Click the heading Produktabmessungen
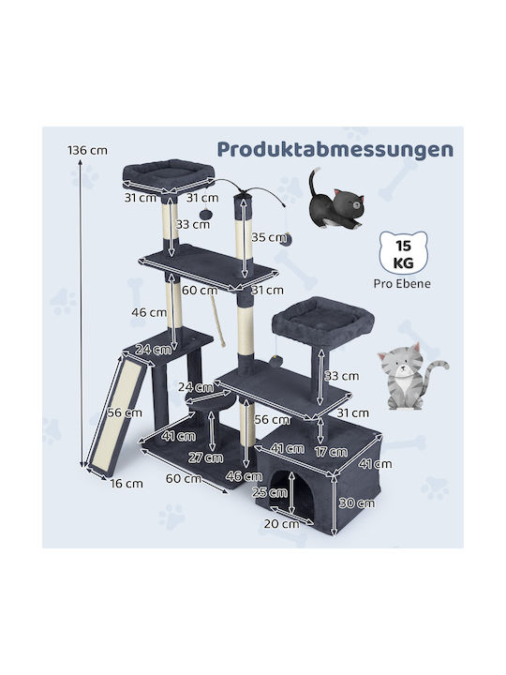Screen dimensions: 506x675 [335, 149]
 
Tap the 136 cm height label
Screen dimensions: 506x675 [87, 150]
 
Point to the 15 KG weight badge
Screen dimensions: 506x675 [403, 253]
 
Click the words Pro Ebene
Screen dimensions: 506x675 [402, 284]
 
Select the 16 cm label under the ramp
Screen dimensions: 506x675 [126, 484]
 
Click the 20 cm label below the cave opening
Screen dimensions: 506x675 [282, 523]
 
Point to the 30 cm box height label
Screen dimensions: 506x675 [357, 502]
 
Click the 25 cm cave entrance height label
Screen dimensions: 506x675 [270, 492]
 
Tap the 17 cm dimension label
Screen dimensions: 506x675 [331, 452]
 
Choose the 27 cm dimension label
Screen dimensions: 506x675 [205, 457]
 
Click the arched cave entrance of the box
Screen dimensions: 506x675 [293, 490]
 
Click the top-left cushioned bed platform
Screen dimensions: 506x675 [169, 173]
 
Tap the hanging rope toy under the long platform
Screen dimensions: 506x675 [217, 319]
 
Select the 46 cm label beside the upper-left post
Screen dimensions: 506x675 [149, 312]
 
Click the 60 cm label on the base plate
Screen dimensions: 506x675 [184, 478]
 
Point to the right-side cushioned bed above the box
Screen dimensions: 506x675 [322, 319]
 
